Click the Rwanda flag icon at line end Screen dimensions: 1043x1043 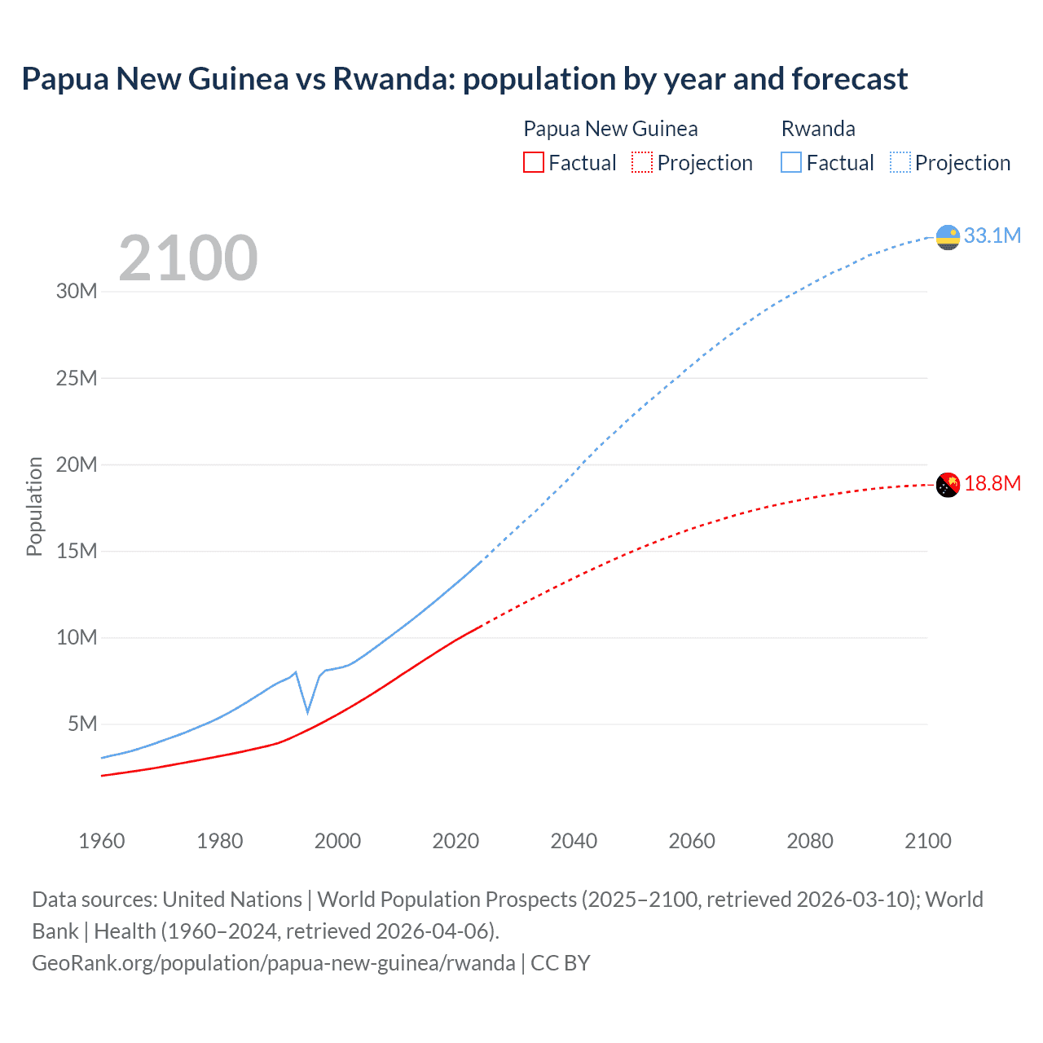[948, 237]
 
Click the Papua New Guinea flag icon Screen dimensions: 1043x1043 [948, 485]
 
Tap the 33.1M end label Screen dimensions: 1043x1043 [992, 236]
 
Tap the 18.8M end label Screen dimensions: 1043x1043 [992, 484]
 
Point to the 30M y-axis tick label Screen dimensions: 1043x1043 [77, 292]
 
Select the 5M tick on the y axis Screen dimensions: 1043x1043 [82, 724]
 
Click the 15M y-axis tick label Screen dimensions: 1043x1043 [77, 551]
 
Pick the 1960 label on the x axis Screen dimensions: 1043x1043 [102, 841]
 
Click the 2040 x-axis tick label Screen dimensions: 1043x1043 [574, 841]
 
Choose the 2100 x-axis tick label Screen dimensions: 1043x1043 [927, 841]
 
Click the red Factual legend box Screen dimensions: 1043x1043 [534, 162]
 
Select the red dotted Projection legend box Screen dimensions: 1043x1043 [642, 162]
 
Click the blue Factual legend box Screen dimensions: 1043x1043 [791, 162]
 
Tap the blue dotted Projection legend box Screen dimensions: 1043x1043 [900, 162]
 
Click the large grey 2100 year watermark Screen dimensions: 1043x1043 [188, 258]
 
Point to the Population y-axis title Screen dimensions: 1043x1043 [34, 506]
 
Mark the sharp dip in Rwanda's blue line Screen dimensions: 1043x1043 [307, 711]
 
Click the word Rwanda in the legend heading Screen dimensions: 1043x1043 [818, 129]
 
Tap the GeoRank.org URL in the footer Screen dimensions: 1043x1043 [273, 963]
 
